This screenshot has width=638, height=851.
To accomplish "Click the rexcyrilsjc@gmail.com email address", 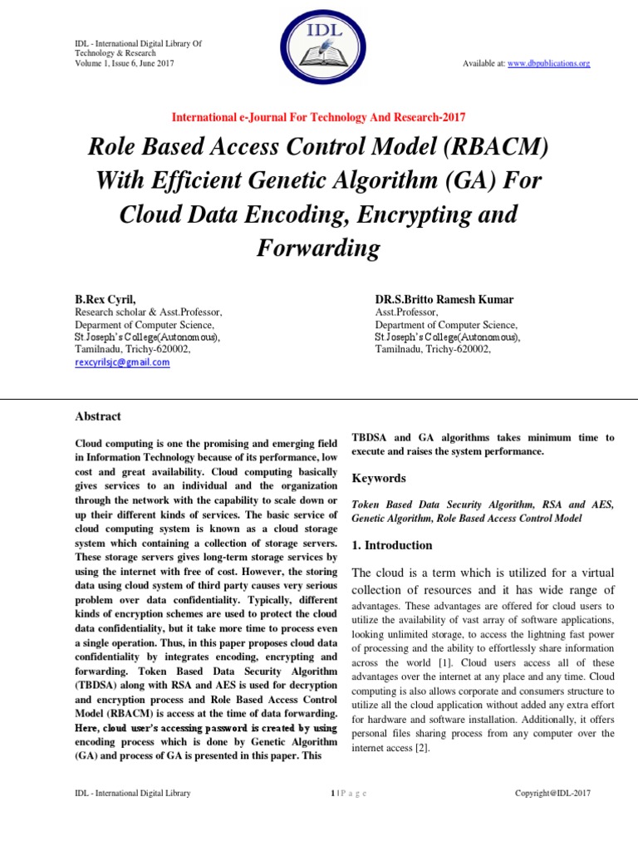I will (x=122, y=362).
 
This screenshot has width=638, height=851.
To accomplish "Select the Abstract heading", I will (x=98, y=416).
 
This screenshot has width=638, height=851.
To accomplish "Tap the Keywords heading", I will (x=379, y=478).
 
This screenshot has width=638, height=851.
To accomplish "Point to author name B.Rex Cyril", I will (x=106, y=298).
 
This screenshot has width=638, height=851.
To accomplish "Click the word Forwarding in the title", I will (x=319, y=248).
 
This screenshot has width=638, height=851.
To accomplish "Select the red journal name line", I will (x=319, y=117).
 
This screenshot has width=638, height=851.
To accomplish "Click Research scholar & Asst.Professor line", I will (x=148, y=312).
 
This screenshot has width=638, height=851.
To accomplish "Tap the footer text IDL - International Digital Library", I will (x=133, y=793).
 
